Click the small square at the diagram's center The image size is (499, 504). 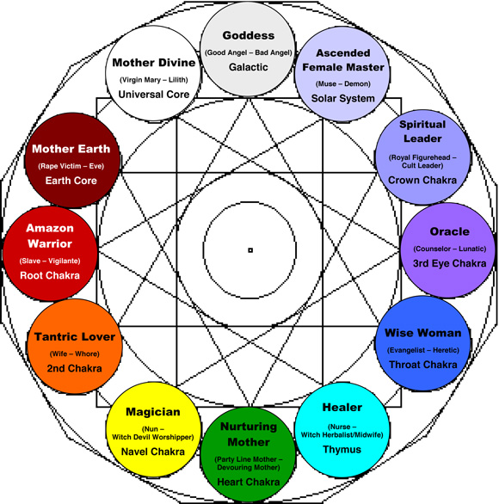(250, 250)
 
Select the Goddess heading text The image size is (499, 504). (249, 35)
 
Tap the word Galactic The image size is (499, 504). (249, 67)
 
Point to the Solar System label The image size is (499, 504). (344, 98)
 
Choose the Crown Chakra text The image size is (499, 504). (422, 180)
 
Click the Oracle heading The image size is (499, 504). (449, 231)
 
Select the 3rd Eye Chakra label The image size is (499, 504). (449, 263)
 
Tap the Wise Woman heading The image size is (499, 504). (422, 332)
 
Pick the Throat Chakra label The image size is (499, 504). (422, 364)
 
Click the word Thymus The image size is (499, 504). (342, 448)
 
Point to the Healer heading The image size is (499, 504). (342, 407)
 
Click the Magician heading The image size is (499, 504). (152, 412)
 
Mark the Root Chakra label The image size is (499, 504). (50, 276)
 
